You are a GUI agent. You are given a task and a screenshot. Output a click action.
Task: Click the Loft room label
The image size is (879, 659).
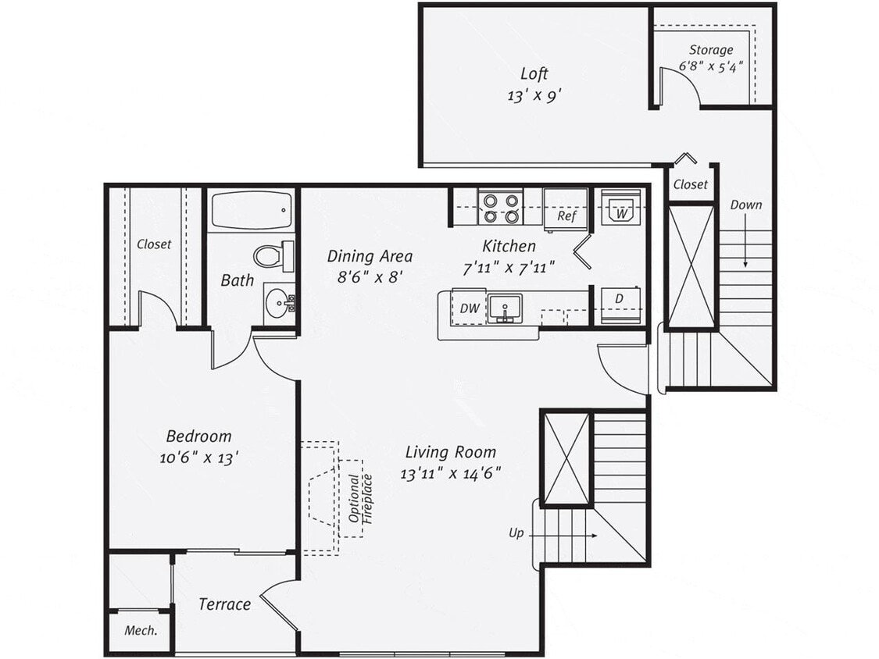point(534,74)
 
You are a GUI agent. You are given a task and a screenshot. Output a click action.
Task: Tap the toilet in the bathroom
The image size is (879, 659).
point(272,255)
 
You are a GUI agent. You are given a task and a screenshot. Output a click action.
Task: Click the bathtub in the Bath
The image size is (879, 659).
point(251,210)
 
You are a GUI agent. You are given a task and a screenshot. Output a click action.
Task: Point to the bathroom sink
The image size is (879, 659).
point(279,304)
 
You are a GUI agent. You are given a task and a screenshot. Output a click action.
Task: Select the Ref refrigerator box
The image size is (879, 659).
point(565,209)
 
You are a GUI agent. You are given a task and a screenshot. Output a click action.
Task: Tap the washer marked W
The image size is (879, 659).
point(621,208)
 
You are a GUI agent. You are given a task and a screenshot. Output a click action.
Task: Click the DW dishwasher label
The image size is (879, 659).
point(470,308)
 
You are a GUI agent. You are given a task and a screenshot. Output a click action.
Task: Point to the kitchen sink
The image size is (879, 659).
point(505,308)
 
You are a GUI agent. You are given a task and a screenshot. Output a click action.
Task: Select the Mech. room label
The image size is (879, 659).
point(140,631)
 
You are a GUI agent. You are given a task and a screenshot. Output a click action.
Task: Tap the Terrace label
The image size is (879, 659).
point(224,604)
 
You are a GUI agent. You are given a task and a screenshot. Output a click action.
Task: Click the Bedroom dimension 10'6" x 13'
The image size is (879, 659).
point(198,458)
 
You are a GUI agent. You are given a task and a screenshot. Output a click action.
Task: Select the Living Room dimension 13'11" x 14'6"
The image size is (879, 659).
point(450,472)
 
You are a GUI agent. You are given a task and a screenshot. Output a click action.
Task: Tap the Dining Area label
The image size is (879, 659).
point(370,256)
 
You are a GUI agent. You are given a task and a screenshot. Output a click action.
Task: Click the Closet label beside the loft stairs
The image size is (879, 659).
point(690,185)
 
